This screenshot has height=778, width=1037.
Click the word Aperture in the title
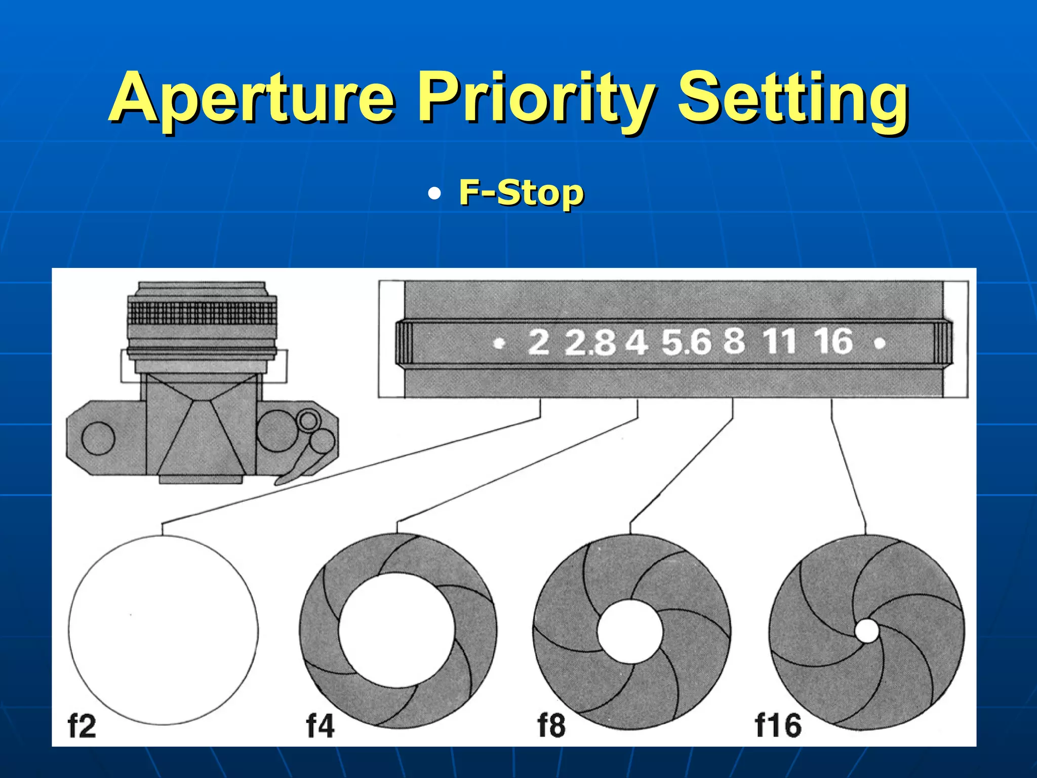tap(252, 99)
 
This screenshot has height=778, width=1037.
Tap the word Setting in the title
tap(792, 99)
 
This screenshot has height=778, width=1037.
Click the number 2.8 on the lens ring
tap(590, 342)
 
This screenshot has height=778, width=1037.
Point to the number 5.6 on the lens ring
tap(686, 342)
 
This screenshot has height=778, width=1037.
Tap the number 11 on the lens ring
tap(779, 341)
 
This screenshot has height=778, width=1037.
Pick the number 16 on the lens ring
tap(833, 341)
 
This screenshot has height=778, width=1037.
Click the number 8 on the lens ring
tap(734, 341)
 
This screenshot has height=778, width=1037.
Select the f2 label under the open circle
tap(82, 726)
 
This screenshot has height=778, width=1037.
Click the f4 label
tap(320, 726)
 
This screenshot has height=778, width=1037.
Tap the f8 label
tap(551, 726)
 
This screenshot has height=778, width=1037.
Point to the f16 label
tap(778, 726)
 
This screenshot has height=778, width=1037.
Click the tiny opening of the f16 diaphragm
tap(867, 631)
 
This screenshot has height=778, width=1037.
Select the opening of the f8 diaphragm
tap(630, 631)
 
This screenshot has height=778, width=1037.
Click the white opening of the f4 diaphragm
tap(397, 631)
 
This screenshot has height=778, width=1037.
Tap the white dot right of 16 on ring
tap(880, 344)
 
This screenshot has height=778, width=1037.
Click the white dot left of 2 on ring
tap(500, 344)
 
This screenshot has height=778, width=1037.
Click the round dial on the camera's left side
tap(98, 438)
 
